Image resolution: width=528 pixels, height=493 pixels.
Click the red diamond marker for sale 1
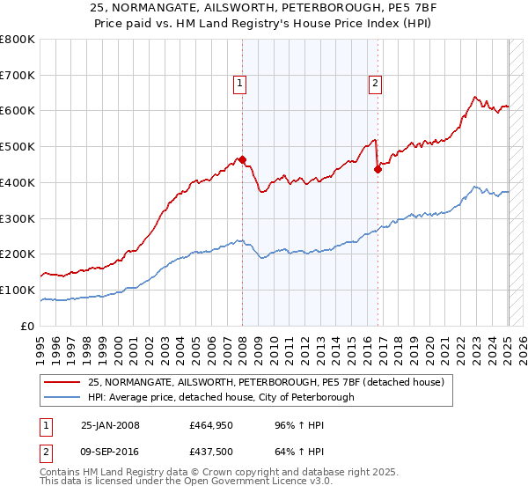243,160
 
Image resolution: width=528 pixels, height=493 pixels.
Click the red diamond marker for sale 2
378,170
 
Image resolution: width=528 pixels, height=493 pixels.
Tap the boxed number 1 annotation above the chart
239,84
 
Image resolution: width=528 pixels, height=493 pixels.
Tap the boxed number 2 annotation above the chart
375,84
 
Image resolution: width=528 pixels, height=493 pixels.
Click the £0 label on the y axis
28,326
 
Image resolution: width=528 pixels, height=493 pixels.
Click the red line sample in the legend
62,382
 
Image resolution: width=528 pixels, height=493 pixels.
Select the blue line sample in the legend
62,397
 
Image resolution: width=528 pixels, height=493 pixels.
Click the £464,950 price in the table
210,425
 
